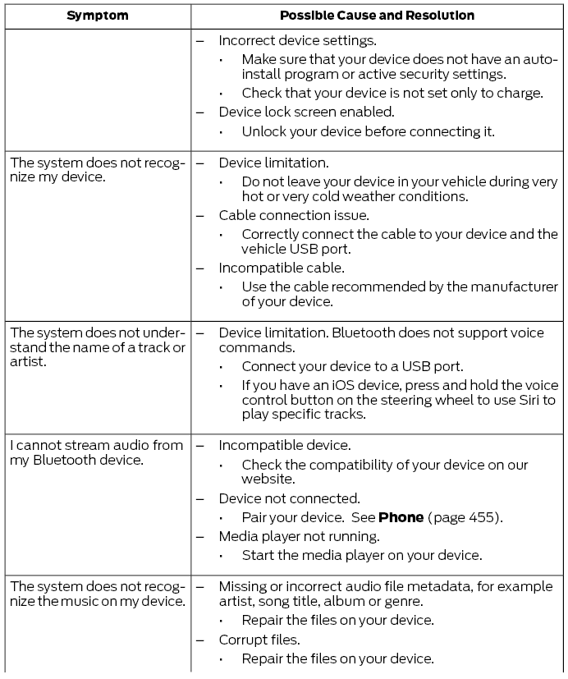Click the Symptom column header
[97, 16]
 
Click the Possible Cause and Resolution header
[377, 16]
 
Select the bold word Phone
[401, 517]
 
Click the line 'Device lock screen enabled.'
[306, 112]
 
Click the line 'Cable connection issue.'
[293, 215]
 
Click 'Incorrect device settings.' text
[296, 39]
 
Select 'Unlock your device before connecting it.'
[368, 131]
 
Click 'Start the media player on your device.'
[361, 555]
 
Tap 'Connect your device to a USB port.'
[352, 366]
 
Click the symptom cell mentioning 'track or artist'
[97, 347]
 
